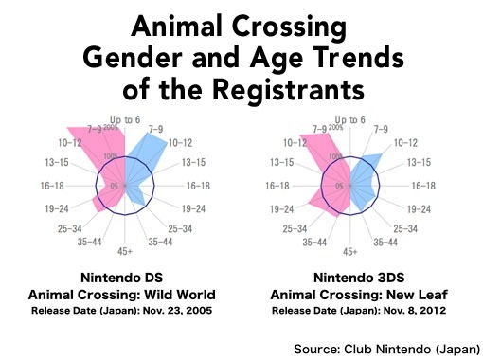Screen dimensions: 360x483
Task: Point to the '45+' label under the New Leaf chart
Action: [x=349, y=251]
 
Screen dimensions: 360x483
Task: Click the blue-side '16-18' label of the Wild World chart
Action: [x=198, y=186]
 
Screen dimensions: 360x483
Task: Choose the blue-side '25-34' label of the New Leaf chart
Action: [x=404, y=228]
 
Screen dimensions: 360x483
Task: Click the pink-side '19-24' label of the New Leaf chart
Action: [x=281, y=208]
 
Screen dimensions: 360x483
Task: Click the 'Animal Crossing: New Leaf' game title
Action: [x=349, y=294]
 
